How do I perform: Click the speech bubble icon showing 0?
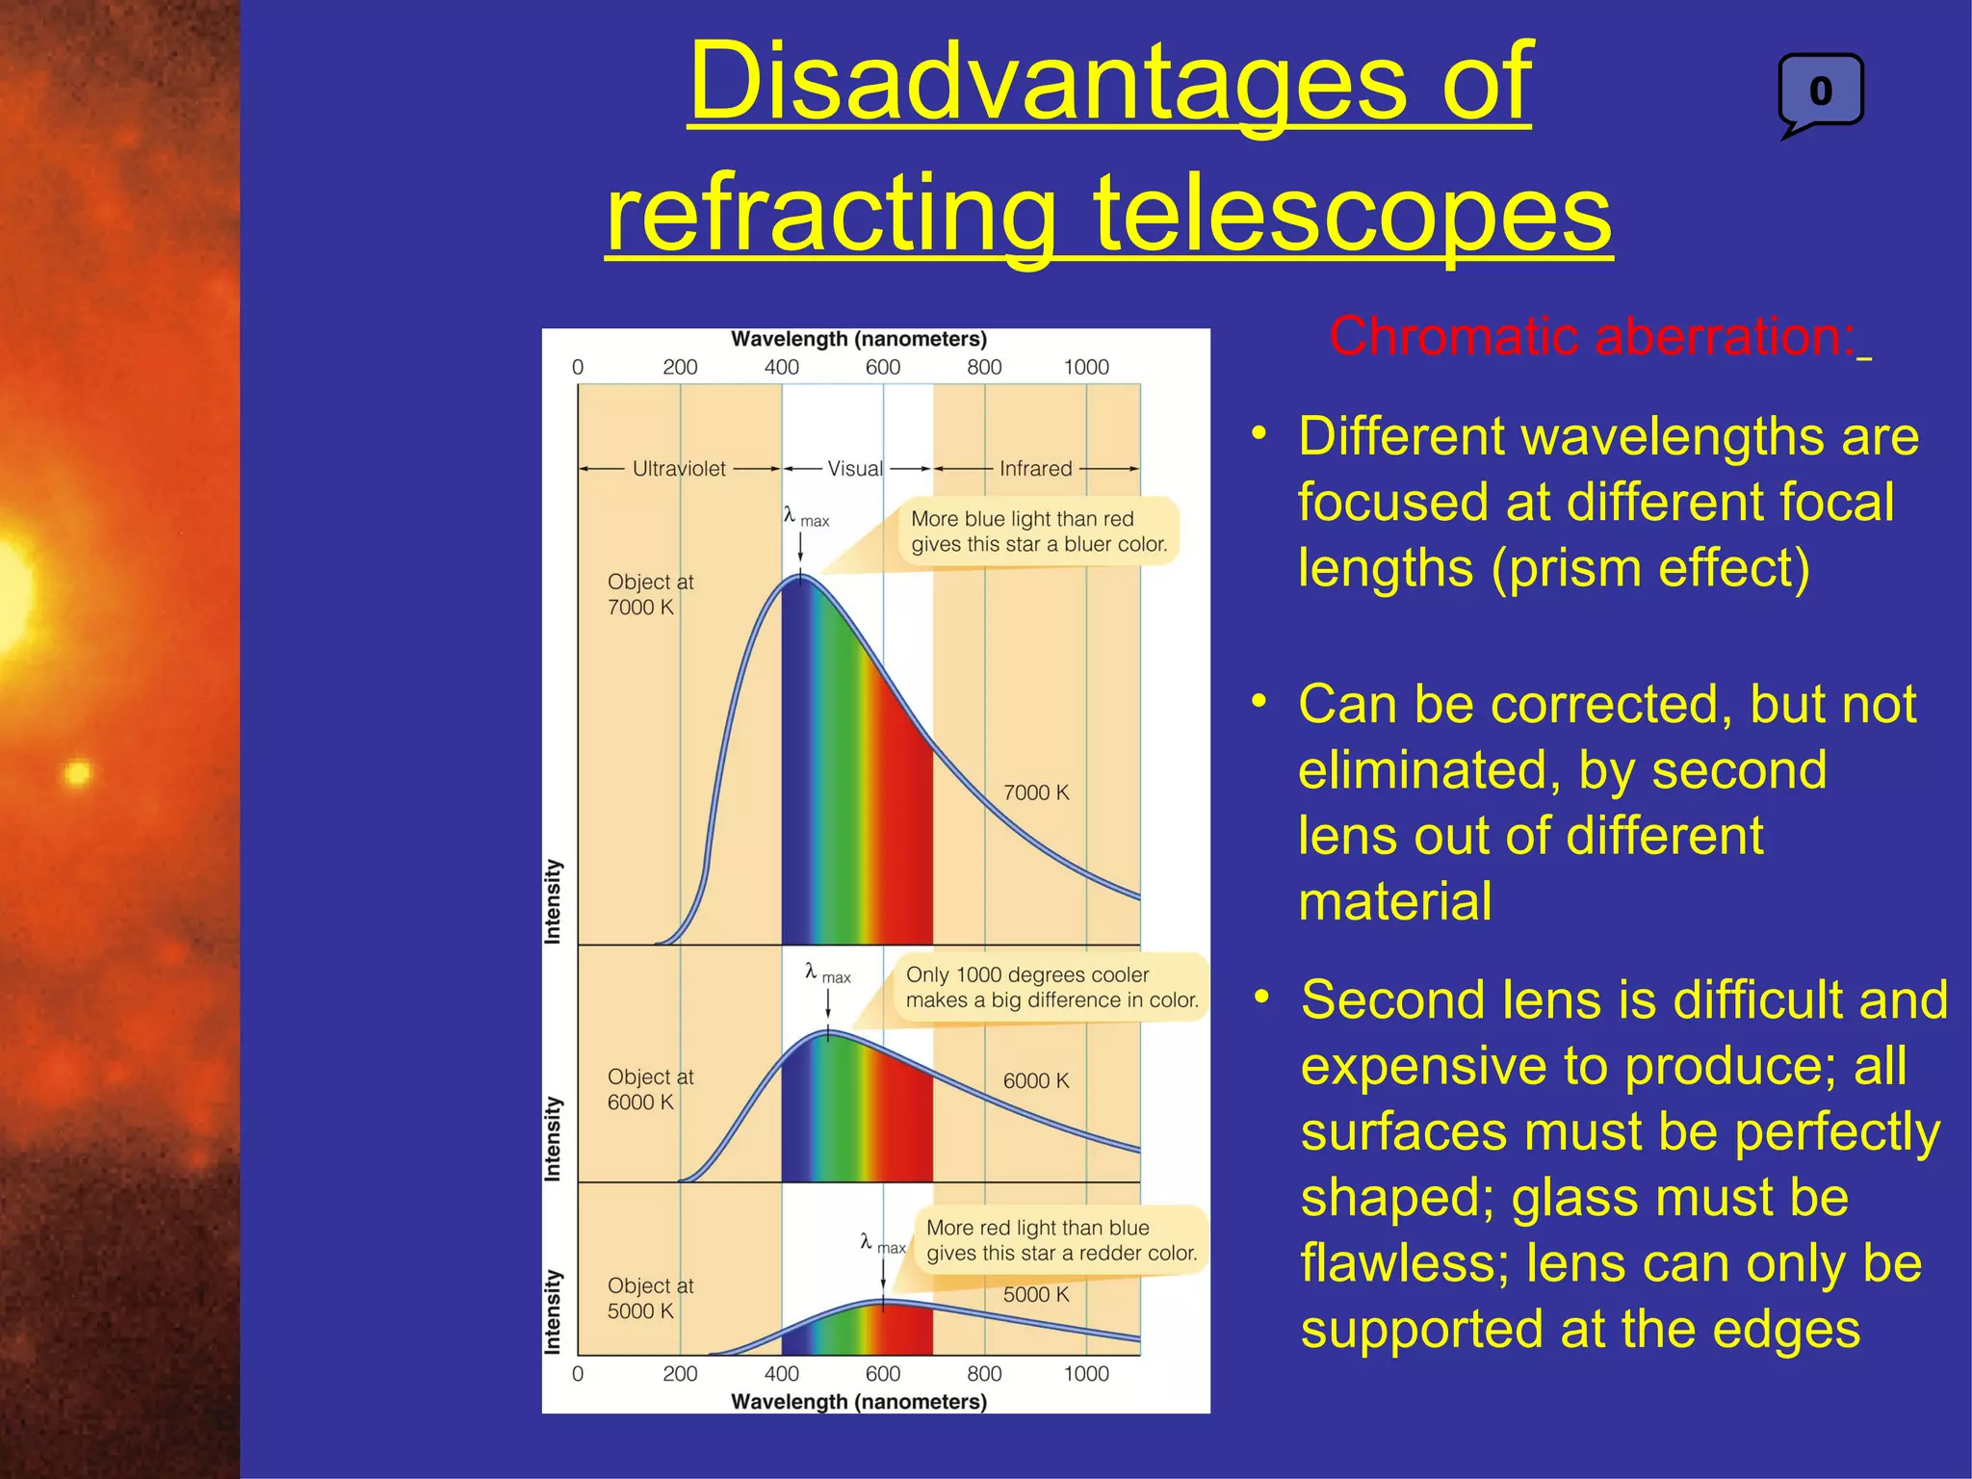1820,92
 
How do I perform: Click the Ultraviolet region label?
679,469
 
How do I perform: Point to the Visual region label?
854,469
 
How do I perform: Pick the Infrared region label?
1035,469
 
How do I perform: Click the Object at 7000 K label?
650,594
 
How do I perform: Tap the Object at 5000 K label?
650,1298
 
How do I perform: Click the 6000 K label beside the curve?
1036,1080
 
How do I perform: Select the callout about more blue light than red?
1038,532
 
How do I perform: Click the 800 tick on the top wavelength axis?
984,367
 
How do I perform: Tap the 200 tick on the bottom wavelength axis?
680,1373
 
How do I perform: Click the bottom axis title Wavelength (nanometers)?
859,1402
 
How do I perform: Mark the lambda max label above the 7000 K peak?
805,517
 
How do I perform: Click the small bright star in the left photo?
77,772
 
